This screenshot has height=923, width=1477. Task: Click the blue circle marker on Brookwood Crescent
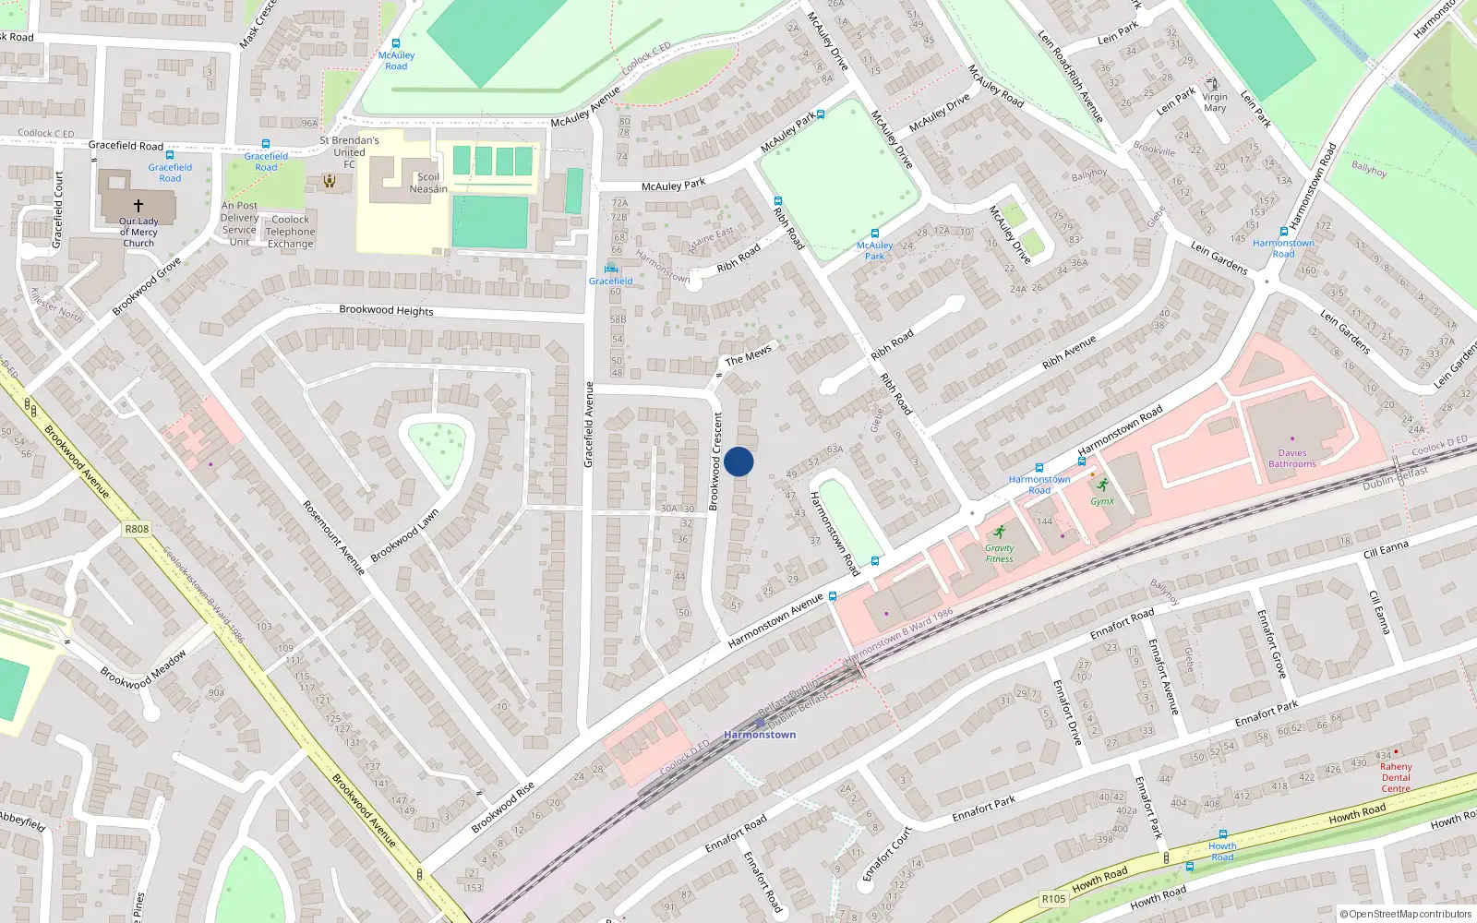pyautogui.click(x=738, y=461)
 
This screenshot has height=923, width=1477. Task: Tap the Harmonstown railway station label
pyautogui.click(x=760, y=735)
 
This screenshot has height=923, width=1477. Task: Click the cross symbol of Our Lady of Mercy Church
pyautogui.click(x=138, y=206)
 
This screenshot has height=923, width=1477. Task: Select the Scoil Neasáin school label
pyautogui.click(x=428, y=183)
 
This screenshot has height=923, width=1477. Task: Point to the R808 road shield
pyautogui.click(x=137, y=529)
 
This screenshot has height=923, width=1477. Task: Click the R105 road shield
pyautogui.click(x=1053, y=898)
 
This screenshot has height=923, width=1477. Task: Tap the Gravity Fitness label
pyautogui.click(x=999, y=553)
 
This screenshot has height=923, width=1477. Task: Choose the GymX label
pyautogui.click(x=1102, y=501)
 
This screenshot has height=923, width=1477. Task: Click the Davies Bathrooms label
pyautogui.click(x=1292, y=458)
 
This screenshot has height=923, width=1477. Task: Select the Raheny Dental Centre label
pyautogui.click(x=1396, y=777)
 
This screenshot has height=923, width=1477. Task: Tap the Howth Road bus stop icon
pyautogui.click(x=1222, y=834)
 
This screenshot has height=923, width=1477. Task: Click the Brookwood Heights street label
pyautogui.click(x=386, y=310)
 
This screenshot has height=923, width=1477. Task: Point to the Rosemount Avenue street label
pyautogui.click(x=334, y=537)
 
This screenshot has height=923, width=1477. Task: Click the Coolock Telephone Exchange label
pyautogui.click(x=291, y=232)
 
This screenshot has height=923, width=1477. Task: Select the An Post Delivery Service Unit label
pyautogui.click(x=239, y=224)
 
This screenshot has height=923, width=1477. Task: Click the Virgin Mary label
pyautogui.click(x=1215, y=102)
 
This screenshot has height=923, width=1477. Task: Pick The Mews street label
pyautogui.click(x=748, y=356)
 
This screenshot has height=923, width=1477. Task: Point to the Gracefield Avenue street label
pyautogui.click(x=588, y=425)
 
